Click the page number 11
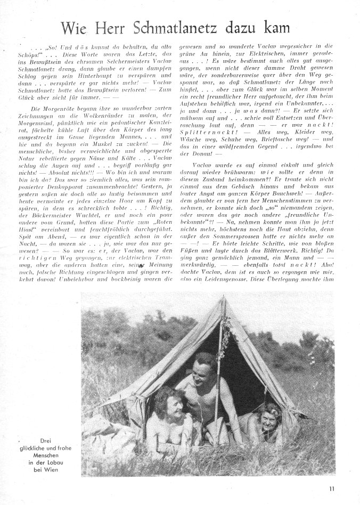(332, 486)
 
